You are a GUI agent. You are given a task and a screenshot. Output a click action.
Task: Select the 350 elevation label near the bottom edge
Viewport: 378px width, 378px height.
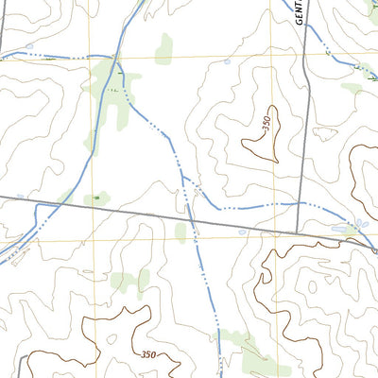click(148, 354)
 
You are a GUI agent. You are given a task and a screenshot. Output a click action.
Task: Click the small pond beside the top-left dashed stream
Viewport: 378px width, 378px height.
click(29, 45)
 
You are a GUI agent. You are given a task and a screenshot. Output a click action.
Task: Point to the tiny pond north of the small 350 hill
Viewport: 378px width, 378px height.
click(228, 62)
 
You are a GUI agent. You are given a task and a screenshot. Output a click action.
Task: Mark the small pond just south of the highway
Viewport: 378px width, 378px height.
click(243, 232)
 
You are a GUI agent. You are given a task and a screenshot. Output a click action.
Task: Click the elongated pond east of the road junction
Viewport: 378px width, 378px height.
click(340, 228)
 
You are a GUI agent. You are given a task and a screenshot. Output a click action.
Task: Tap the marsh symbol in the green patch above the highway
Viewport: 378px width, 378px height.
click(95, 198)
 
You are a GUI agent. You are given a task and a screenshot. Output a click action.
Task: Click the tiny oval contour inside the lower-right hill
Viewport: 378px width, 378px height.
click(312, 283)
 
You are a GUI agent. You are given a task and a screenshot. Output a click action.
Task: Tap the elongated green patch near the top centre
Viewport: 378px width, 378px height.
click(164, 49)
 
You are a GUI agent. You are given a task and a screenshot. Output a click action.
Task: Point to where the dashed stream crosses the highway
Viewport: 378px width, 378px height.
click(191, 218)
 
